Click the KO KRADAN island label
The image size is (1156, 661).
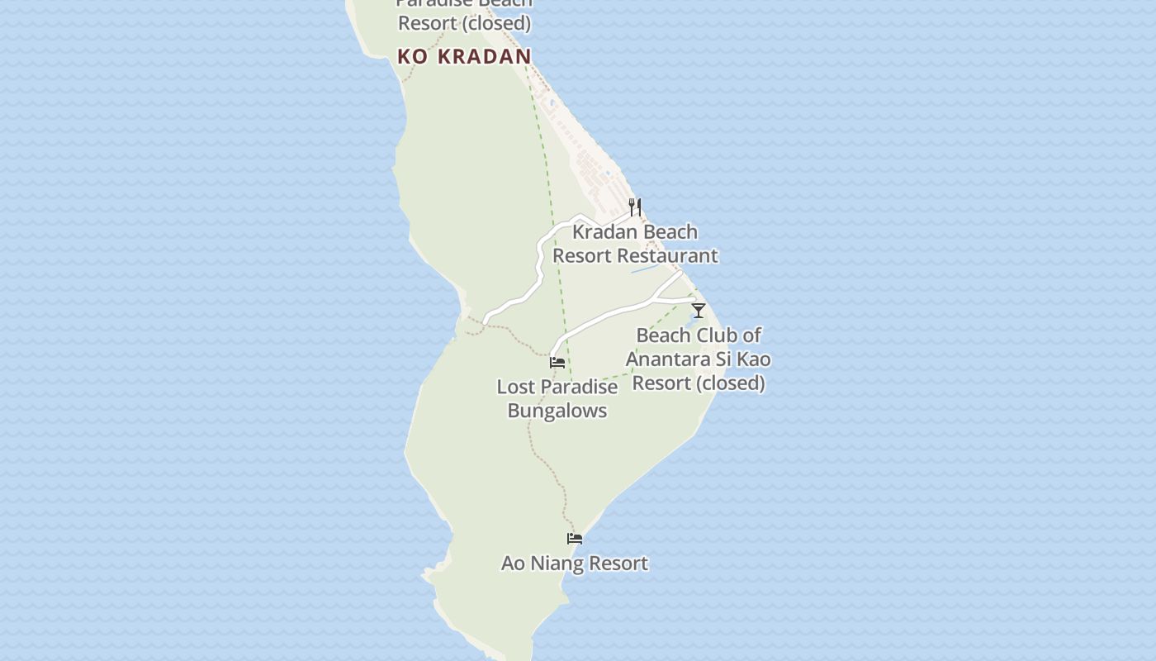(464, 56)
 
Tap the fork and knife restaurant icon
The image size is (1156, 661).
(635, 207)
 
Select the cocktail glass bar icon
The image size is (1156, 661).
(699, 311)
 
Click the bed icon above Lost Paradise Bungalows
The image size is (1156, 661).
(557, 362)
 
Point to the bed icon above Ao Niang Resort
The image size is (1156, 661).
(575, 539)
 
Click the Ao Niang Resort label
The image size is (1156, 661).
(575, 564)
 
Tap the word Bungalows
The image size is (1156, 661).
(557, 411)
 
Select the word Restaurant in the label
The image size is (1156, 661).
(668, 256)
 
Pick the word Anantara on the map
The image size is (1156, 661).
(670, 359)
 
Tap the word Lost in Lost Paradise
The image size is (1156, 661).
(514, 387)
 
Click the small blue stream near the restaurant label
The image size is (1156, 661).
(644, 269)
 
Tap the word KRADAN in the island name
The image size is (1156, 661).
(484, 56)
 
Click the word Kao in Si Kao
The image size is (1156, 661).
(754, 359)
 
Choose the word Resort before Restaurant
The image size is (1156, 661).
(581, 256)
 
